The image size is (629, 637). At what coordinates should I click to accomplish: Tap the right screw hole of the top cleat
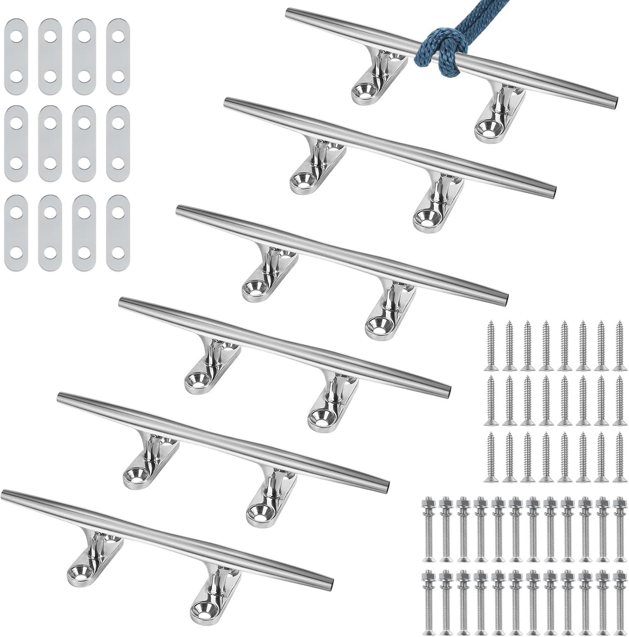click(485, 127)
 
